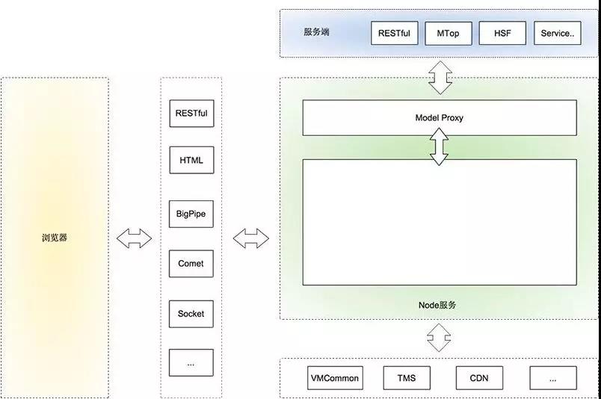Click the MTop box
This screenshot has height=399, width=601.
click(449, 34)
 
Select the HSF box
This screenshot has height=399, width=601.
click(503, 34)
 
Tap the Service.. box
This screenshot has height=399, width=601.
click(557, 34)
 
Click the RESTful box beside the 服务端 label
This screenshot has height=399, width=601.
click(395, 34)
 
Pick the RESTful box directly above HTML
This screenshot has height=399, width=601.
click(191, 114)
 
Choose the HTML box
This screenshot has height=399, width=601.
click(191, 160)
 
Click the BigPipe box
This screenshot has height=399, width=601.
click(191, 214)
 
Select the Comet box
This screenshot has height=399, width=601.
click(191, 264)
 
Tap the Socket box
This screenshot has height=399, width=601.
click(191, 314)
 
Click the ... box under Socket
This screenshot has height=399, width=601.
click(191, 363)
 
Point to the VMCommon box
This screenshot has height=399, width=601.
click(334, 378)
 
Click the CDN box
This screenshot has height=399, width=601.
click(479, 378)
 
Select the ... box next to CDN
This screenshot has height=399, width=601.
click(552, 378)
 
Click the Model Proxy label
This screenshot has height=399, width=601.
click(440, 118)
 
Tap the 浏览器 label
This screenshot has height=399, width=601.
click(55, 239)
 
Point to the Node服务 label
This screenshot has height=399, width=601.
click(437, 305)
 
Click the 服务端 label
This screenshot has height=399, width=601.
click(316, 33)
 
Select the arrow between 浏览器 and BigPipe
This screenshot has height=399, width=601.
click(135, 239)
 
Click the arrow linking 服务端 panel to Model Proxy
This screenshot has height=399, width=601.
click(440, 77)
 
